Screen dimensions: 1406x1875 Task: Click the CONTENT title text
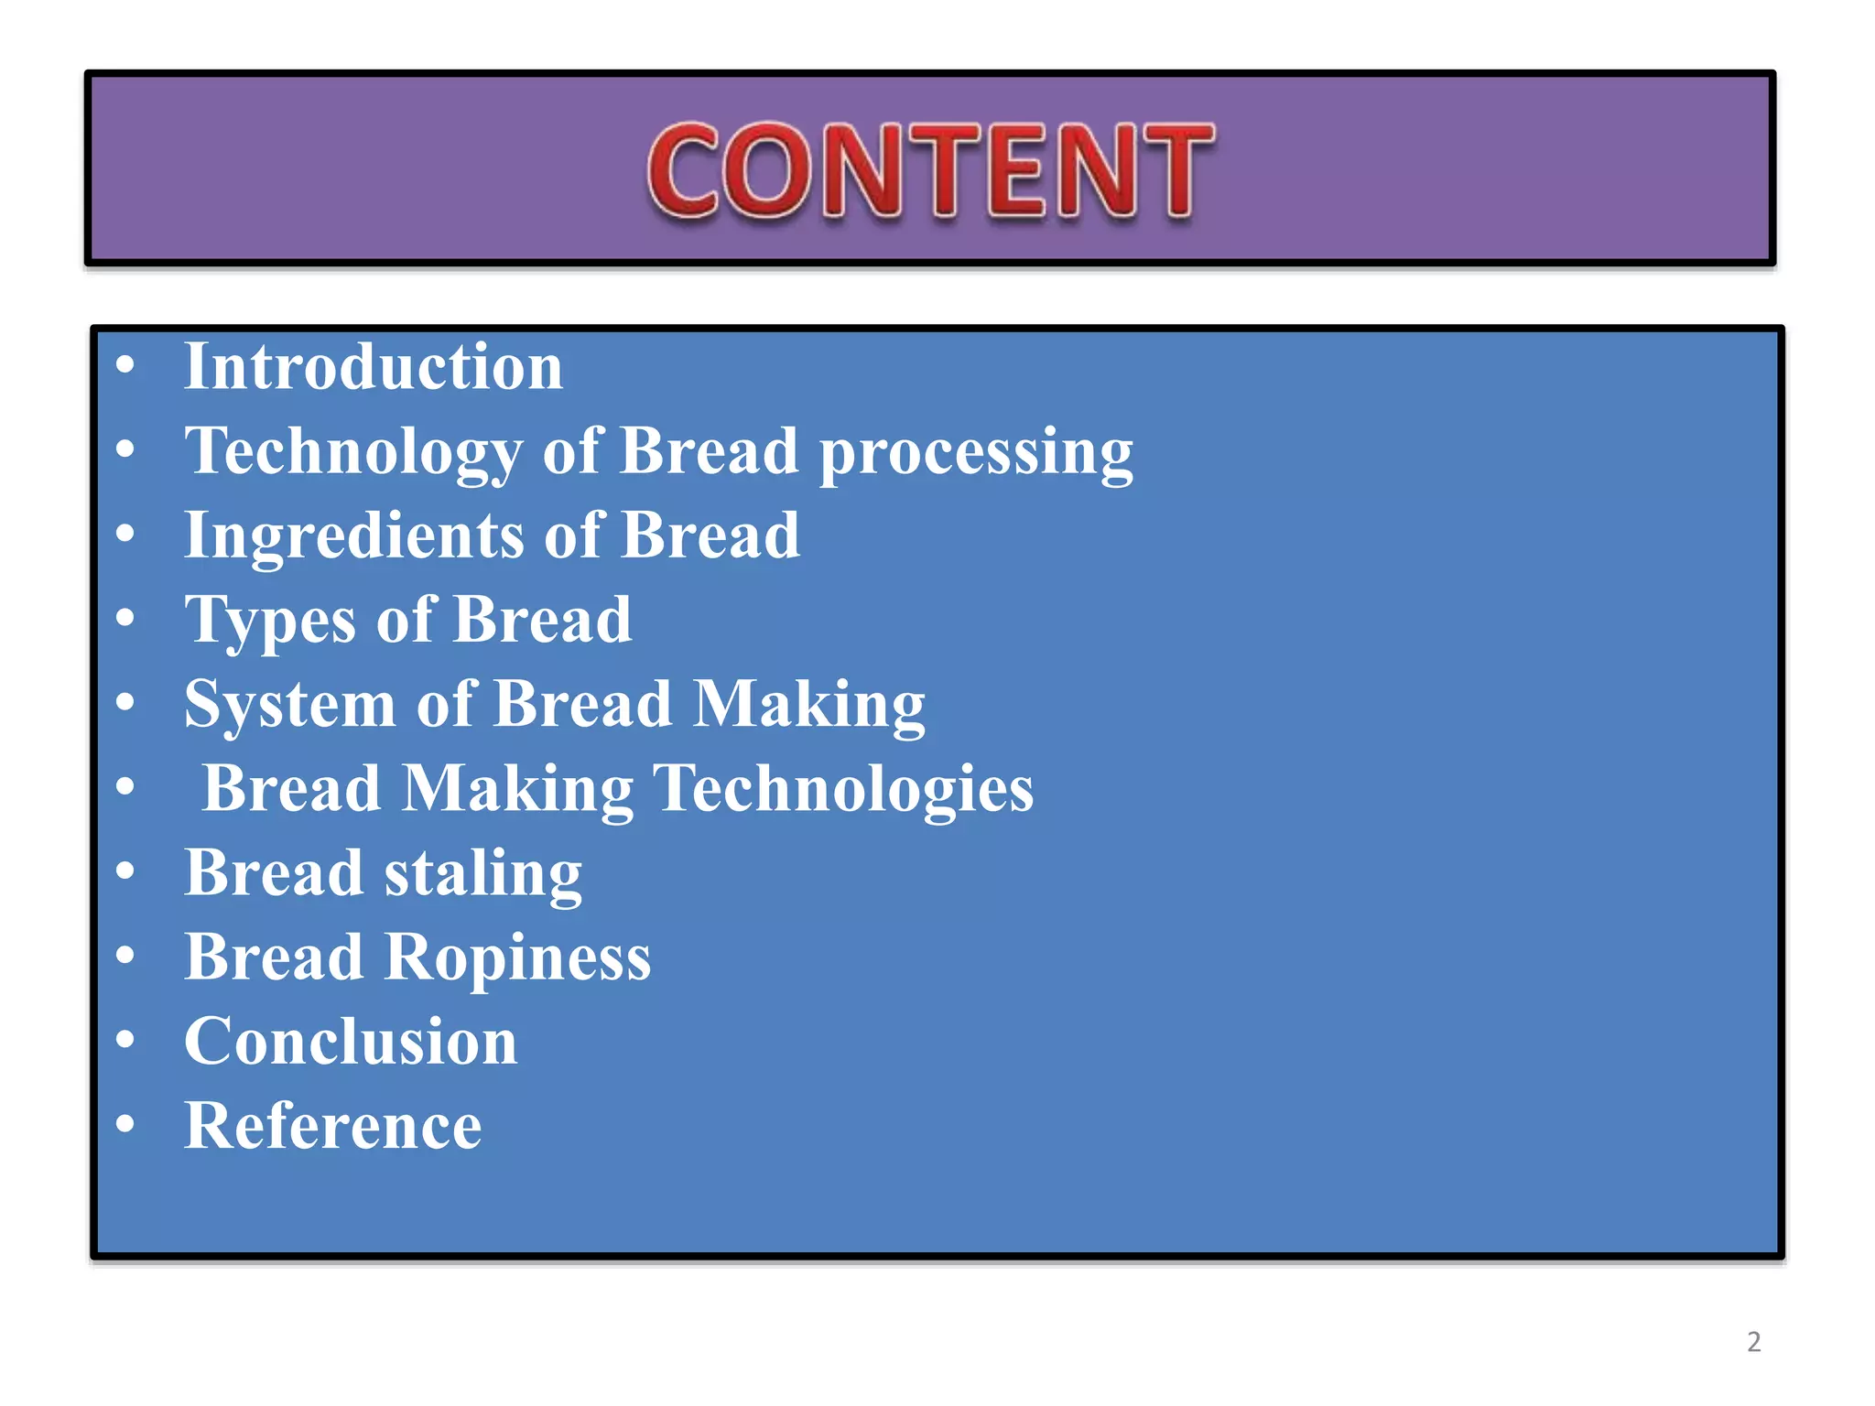(x=930, y=171)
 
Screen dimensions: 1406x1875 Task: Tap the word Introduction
(x=374, y=367)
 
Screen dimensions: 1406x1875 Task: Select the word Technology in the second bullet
(x=353, y=452)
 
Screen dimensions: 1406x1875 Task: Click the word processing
(x=976, y=452)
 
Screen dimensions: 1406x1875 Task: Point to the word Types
(x=270, y=622)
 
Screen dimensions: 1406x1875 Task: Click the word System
(x=289, y=706)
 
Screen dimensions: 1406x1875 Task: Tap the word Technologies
(x=842, y=789)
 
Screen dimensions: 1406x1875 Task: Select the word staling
(x=482, y=874)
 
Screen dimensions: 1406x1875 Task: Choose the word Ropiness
(x=517, y=958)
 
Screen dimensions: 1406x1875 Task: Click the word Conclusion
(x=351, y=1043)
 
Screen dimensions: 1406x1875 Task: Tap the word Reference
(x=333, y=1127)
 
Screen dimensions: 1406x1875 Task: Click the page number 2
(x=1753, y=1342)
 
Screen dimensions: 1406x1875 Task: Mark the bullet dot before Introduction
(x=125, y=365)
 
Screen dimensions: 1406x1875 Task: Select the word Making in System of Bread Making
(x=809, y=706)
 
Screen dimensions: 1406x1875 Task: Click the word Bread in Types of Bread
(x=542, y=621)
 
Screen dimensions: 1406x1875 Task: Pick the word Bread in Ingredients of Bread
(x=710, y=536)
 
